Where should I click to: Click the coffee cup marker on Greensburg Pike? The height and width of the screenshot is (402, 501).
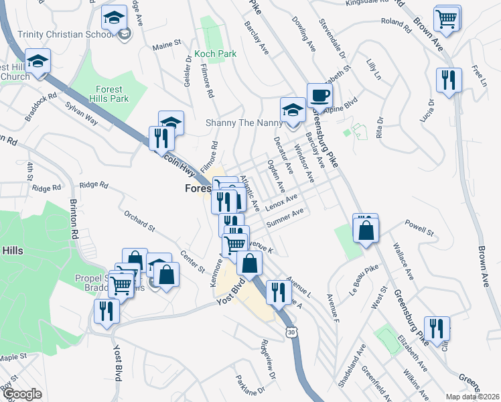point(319,96)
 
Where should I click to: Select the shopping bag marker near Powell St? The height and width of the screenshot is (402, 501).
point(366,230)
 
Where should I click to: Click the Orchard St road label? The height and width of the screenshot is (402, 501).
point(139,222)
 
